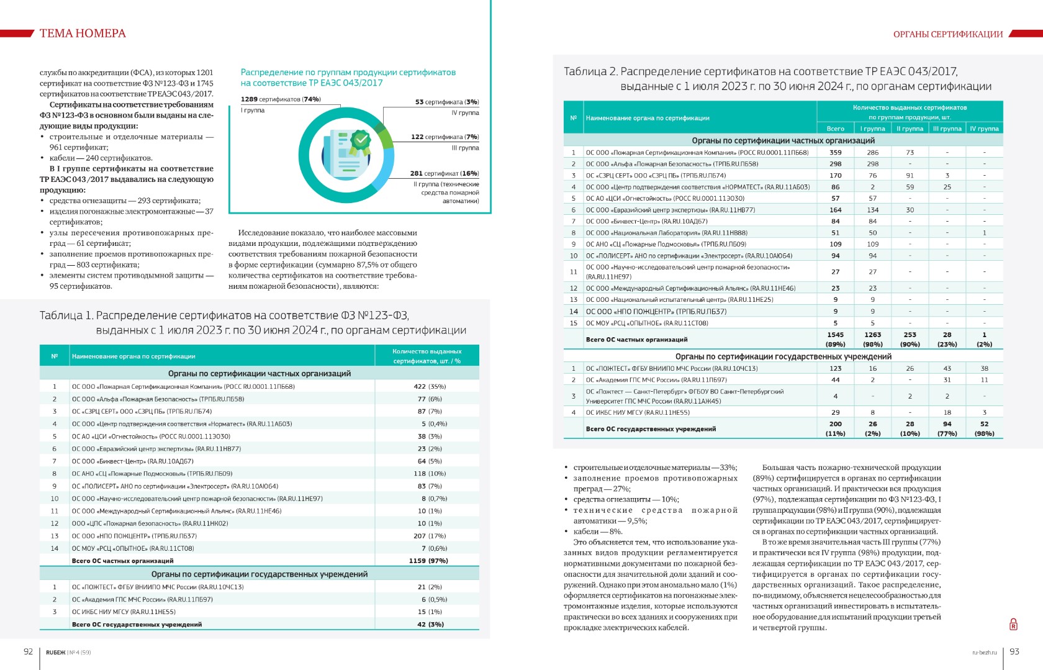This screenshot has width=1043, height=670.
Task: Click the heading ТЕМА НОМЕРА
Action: coord(83,34)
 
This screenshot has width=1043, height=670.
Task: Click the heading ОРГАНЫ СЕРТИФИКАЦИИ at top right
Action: coord(948,34)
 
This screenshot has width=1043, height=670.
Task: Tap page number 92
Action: coord(28,651)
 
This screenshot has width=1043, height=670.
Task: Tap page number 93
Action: coord(1014,651)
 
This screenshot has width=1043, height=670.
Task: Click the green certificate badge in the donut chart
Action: coord(359,141)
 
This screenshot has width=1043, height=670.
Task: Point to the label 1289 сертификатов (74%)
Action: coord(281,99)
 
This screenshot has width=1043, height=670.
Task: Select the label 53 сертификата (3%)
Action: coord(447,102)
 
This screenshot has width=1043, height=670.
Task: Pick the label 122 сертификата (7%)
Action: coord(445,137)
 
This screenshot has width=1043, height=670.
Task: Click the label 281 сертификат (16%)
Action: coord(444,173)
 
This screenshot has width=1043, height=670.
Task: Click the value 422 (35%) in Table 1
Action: coord(430,386)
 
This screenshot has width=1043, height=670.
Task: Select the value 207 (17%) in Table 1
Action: coord(430,536)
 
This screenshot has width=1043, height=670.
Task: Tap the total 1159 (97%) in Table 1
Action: coord(428,561)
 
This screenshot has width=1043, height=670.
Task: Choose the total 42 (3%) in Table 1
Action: coord(430,624)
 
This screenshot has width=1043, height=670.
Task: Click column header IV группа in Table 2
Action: coord(984,129)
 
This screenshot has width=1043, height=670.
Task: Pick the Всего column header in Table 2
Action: coord(835,129)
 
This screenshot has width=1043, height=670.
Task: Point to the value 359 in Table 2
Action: coord(835,152)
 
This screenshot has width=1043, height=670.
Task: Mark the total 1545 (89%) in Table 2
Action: coord(835,339)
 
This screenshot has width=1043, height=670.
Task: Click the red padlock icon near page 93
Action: coord(1013,624)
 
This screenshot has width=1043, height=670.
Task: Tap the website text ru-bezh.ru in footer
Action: coord(984,652)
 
